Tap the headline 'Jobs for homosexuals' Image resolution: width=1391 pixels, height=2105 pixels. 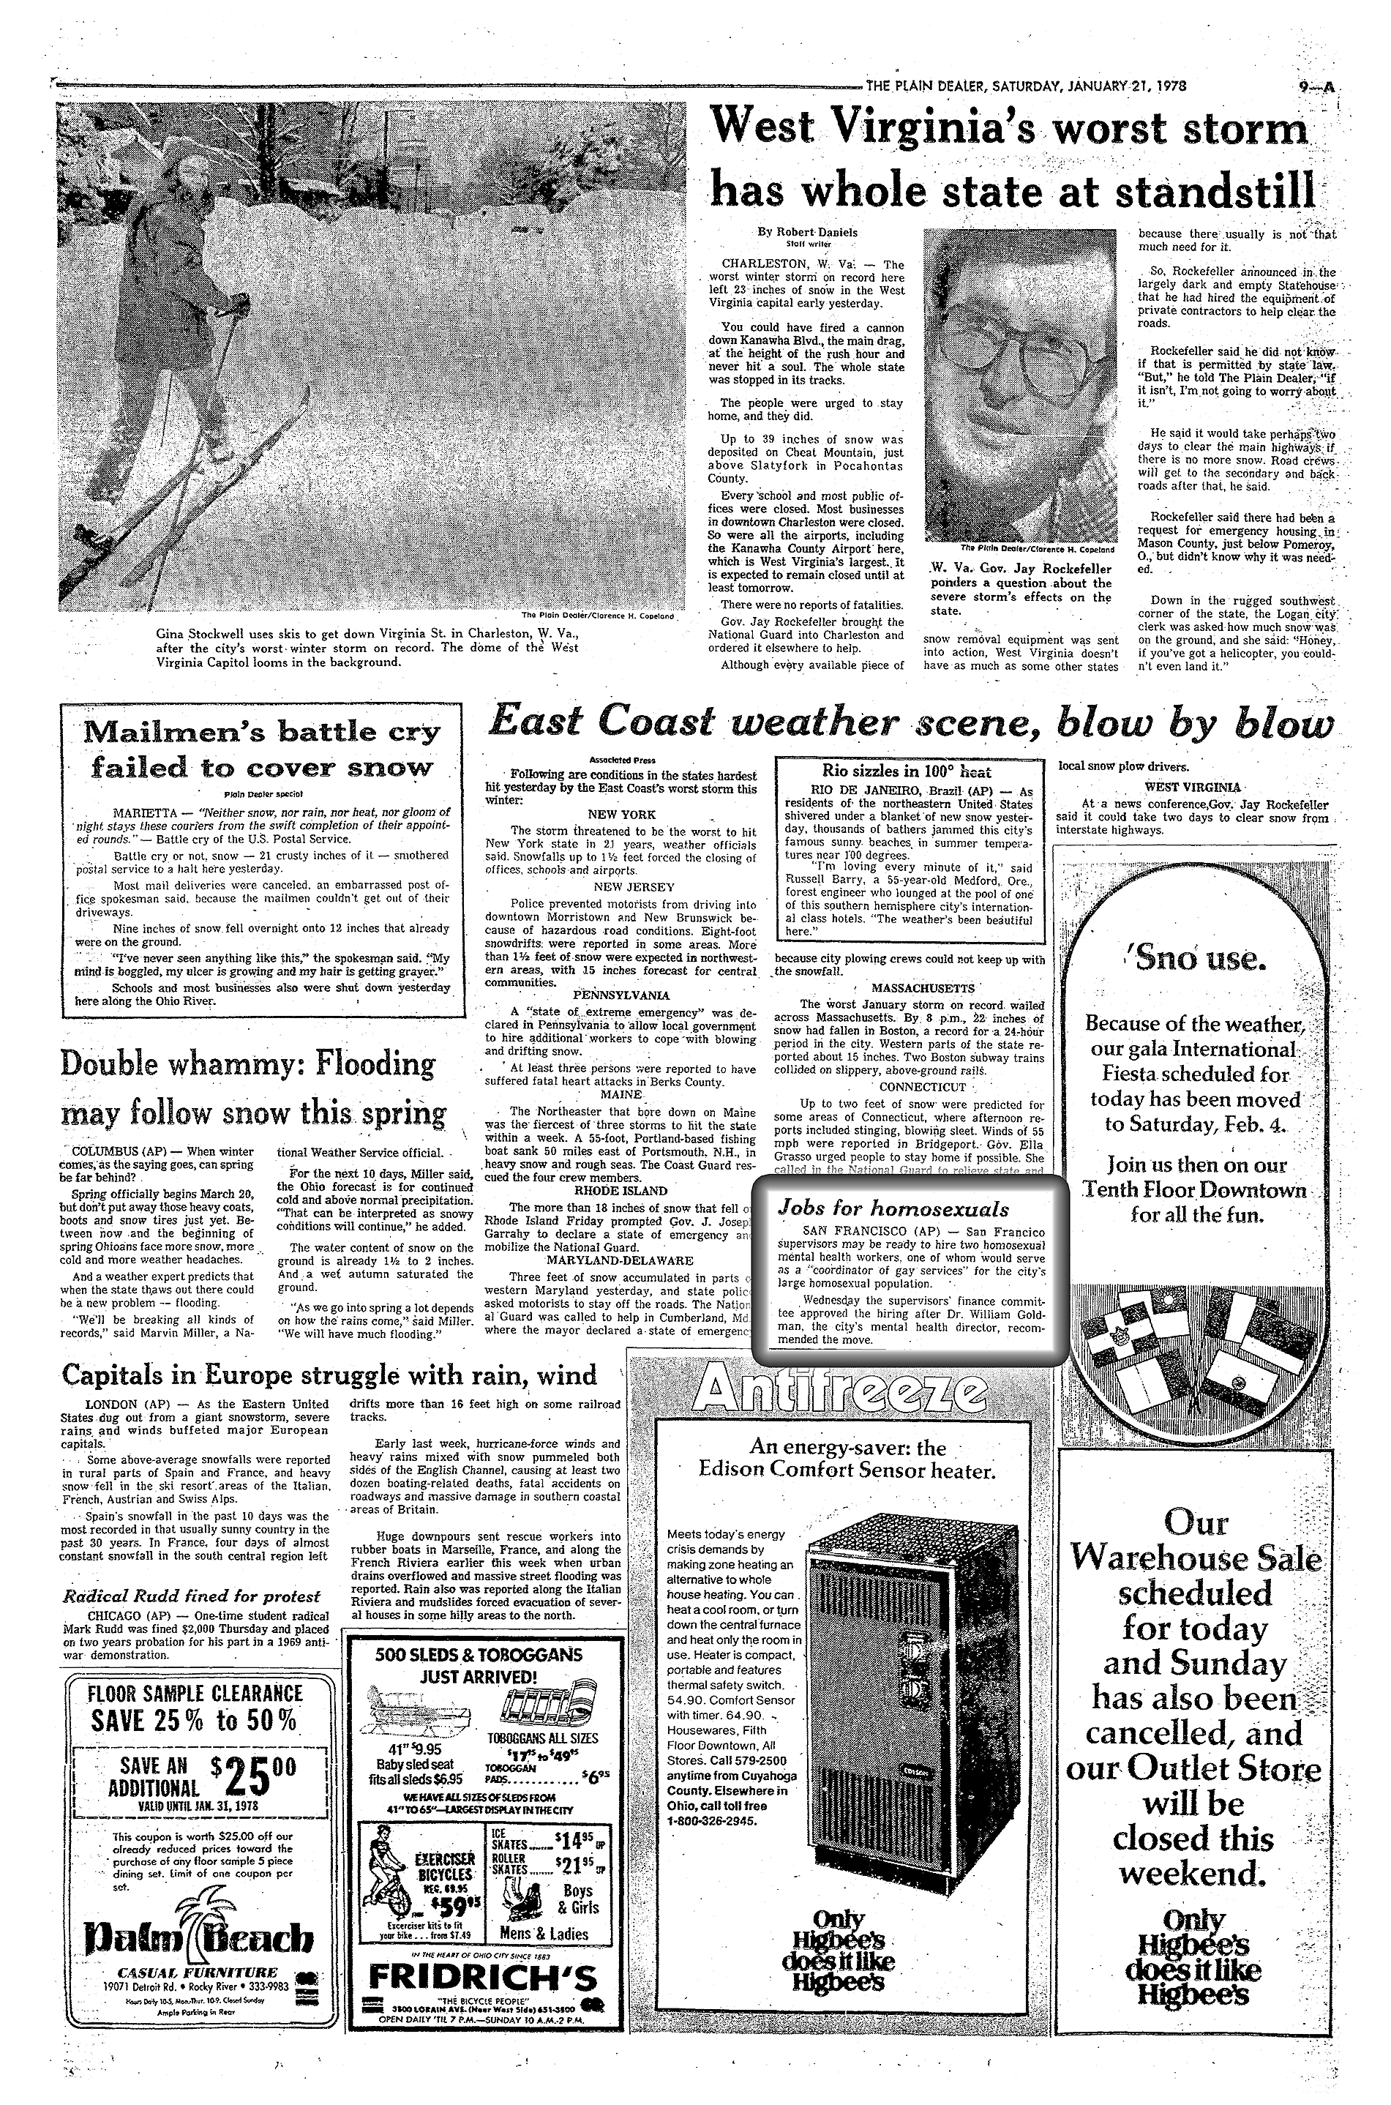click(x=893, y=1208)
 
